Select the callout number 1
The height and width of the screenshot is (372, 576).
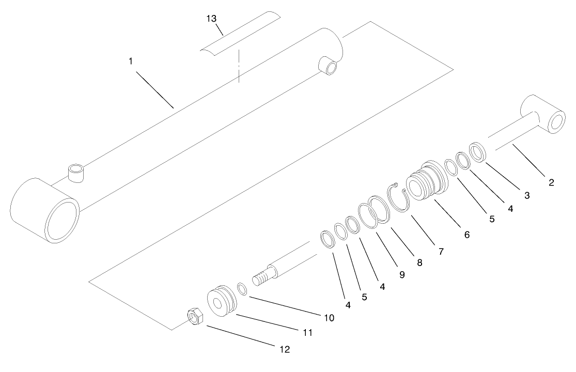[x=131, y=61]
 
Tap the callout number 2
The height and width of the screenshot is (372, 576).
[x=551, y=182]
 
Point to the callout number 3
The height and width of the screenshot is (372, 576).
[x=526, y=195]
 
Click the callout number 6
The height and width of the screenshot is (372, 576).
[x=466, y=234]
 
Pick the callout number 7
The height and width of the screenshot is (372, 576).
[x=441, y=252]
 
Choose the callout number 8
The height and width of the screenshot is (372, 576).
[x=419, y=262]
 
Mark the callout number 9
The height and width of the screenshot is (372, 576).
[x=401, y=274]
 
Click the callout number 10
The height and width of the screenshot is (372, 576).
[x=329, y=317]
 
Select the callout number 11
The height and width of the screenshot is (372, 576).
[x=307, y=333]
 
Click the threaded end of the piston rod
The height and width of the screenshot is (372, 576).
[x=263, y=278]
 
